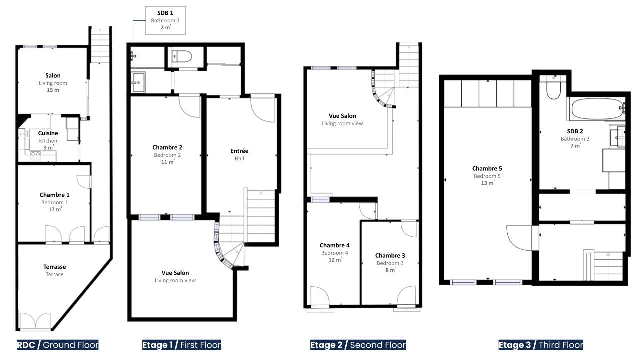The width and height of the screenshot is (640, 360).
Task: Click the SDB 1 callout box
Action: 165,20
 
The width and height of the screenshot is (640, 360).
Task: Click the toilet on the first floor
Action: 182,56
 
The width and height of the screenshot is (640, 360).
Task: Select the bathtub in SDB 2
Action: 597,109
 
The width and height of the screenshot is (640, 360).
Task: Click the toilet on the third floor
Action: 553,88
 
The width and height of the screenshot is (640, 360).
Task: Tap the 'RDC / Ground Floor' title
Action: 57,345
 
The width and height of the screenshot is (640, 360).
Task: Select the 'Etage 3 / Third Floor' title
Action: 541,345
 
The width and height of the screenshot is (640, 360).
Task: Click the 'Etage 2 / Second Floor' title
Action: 358,345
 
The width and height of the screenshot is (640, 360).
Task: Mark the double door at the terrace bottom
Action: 35,321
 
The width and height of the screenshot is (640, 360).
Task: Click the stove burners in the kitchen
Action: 35,156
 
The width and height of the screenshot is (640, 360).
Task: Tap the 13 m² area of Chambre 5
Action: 487,183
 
